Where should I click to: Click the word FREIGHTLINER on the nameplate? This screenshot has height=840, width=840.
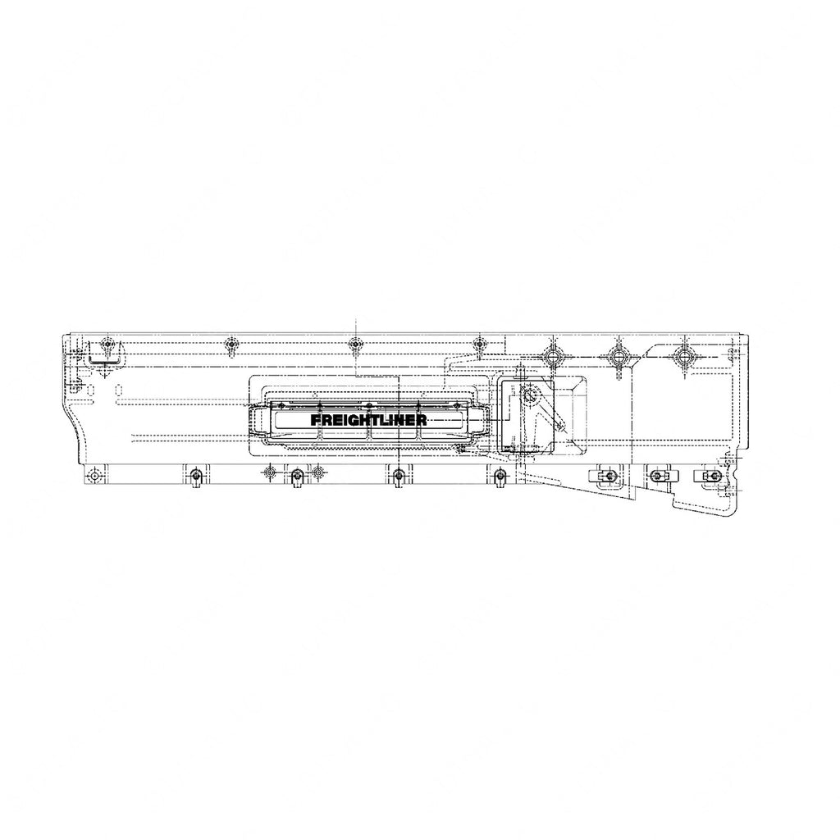[x=368, y=419]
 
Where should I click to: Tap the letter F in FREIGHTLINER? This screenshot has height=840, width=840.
[x=316, y=419]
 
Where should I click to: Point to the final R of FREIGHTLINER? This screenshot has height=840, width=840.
[x=421, y=419]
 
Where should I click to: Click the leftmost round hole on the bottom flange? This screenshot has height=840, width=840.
[x=97, y=475]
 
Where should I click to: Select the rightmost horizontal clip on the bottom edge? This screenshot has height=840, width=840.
[x=710, y=475]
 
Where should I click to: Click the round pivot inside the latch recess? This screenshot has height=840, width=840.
[x=529, y=395]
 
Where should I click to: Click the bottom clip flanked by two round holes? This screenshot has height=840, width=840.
[x=296, y=475]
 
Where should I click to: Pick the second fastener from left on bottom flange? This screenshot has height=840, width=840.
[x=195, y=476]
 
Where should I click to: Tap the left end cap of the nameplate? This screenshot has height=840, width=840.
[x=259, y=420]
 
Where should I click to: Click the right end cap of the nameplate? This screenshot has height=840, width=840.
[x=479, y=420]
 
